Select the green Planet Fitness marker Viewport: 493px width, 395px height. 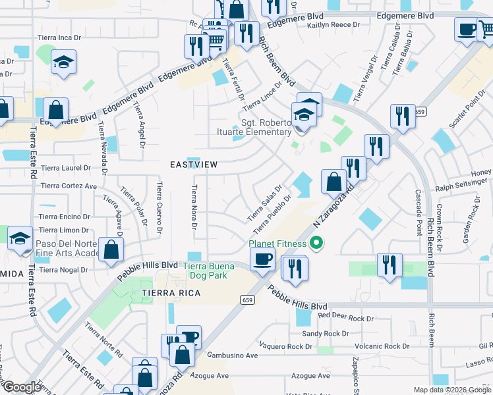[x=316, y=244]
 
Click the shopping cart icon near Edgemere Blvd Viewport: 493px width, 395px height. [x=216, y=41]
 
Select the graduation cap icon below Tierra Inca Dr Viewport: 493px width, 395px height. [x=63, y=63]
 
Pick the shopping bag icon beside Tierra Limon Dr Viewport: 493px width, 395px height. [x=111, y=250]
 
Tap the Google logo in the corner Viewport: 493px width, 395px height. [x=22, y=387]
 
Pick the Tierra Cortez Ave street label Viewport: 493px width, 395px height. [x=69, y=186]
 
